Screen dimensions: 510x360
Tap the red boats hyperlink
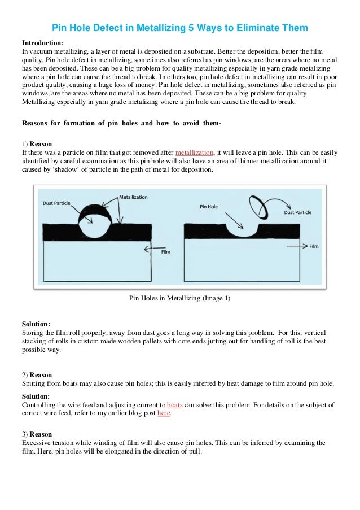point(175,405)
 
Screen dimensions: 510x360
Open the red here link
point(163,413)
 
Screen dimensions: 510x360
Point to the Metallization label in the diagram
point(133,198)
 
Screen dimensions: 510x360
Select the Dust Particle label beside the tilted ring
point(297,212)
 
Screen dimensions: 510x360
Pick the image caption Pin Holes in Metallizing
point(180,298)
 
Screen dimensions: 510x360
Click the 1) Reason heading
point(37,145)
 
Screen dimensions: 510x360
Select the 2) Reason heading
point(37,375)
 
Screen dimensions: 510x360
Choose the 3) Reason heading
point(37,434)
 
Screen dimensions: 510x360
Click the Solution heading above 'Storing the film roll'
point(36,324)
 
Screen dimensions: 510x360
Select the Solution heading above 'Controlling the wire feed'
point(36,396)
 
